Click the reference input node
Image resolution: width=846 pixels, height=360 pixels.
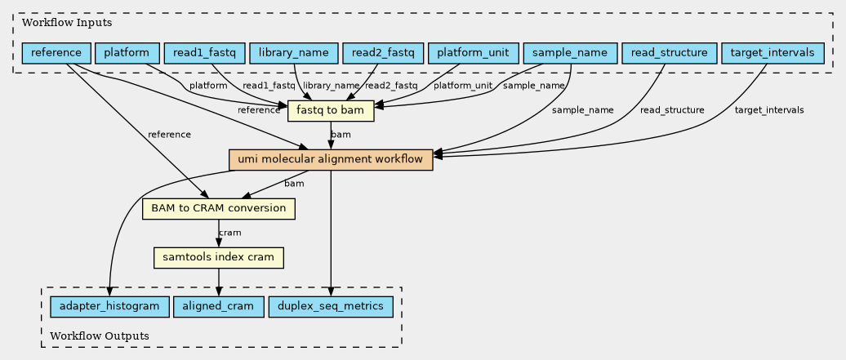(x=56, y=53)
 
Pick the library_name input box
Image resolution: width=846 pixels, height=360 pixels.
(x=294, y=53)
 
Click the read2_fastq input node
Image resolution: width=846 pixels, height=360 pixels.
(x=383, y=53)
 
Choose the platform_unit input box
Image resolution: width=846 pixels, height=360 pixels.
(x=473, y=53)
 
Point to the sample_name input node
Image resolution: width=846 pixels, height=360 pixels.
(x=570, y=53)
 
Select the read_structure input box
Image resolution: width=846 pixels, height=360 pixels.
(x=669, y=53)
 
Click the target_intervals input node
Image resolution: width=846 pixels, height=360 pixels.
(x=773, y=53)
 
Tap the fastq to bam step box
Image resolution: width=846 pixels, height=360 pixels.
(x=331, y=111)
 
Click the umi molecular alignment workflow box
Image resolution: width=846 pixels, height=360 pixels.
(x=331, y=160)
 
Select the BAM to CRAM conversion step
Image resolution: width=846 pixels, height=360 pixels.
(x=219, y=209)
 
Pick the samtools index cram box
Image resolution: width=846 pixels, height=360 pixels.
(x=219, y=257)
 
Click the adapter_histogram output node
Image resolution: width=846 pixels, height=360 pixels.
(x=109, y=307)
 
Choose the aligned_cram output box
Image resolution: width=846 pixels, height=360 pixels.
(x=219, y=307)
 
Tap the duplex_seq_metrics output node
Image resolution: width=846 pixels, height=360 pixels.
(x=330, y=307)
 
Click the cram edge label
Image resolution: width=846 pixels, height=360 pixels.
(x=229, y=233)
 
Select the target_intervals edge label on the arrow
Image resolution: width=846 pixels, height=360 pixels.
(x=769, y=110)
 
